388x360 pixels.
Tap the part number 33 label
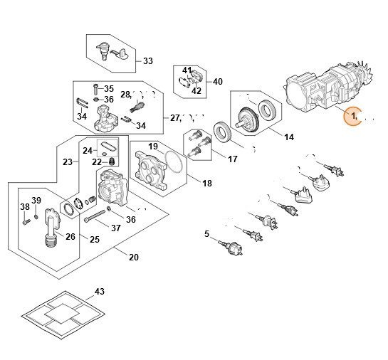pos(148,61)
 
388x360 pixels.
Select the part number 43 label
pos(100,292)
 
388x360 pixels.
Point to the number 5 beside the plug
pos(207,233)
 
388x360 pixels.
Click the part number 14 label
pos(288,137)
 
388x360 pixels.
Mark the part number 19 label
pos(153,147)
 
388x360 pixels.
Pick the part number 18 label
pos(206,184)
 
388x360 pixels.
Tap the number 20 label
pos(133,257)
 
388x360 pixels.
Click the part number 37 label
pos(116,228)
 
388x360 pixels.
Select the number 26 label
pos(70,236)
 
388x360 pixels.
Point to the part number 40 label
pos(218,82)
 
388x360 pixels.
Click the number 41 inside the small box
pos(187,70)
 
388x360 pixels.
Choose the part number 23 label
pos(68,162)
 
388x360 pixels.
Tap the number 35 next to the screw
pos(109,88)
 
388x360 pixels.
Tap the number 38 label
pos(25,207)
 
